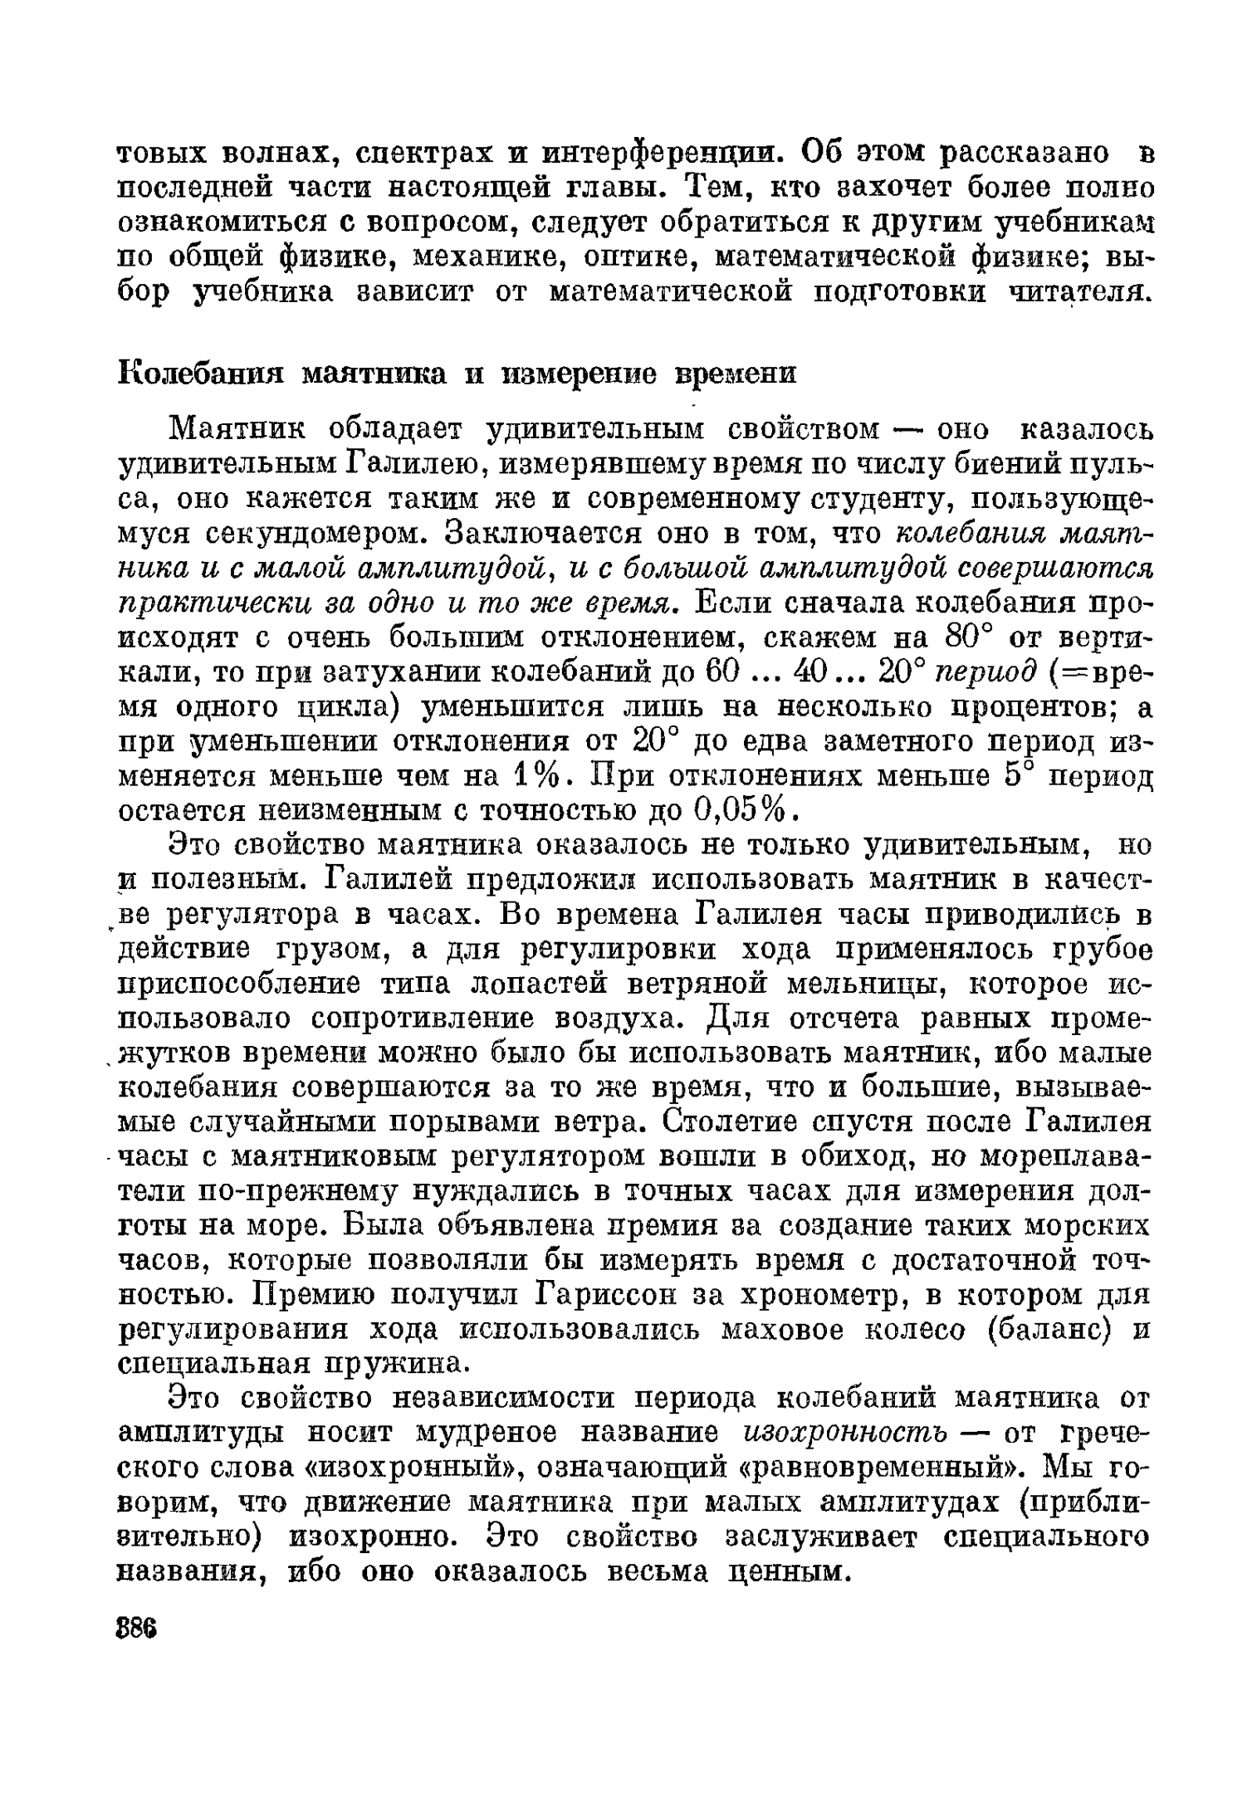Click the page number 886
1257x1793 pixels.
(137, 1627)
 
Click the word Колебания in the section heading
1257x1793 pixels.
(200, 373)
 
